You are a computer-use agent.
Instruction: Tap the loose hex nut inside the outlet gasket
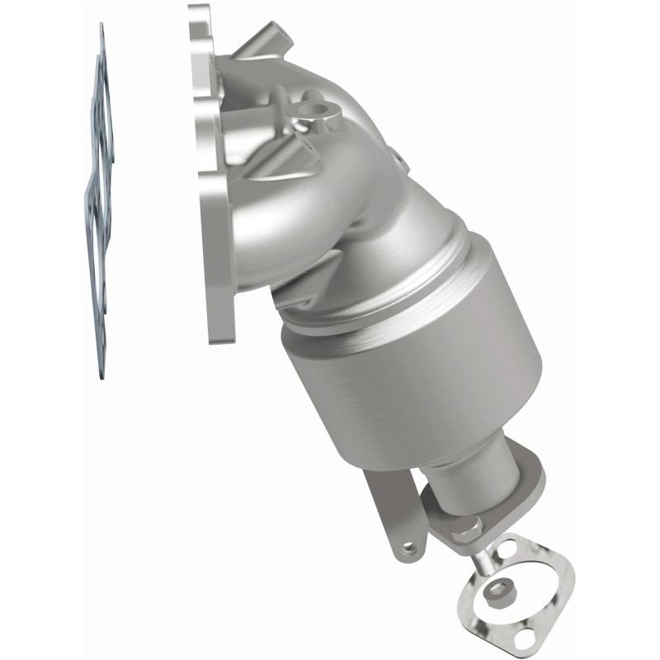(x=499, y=590)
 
